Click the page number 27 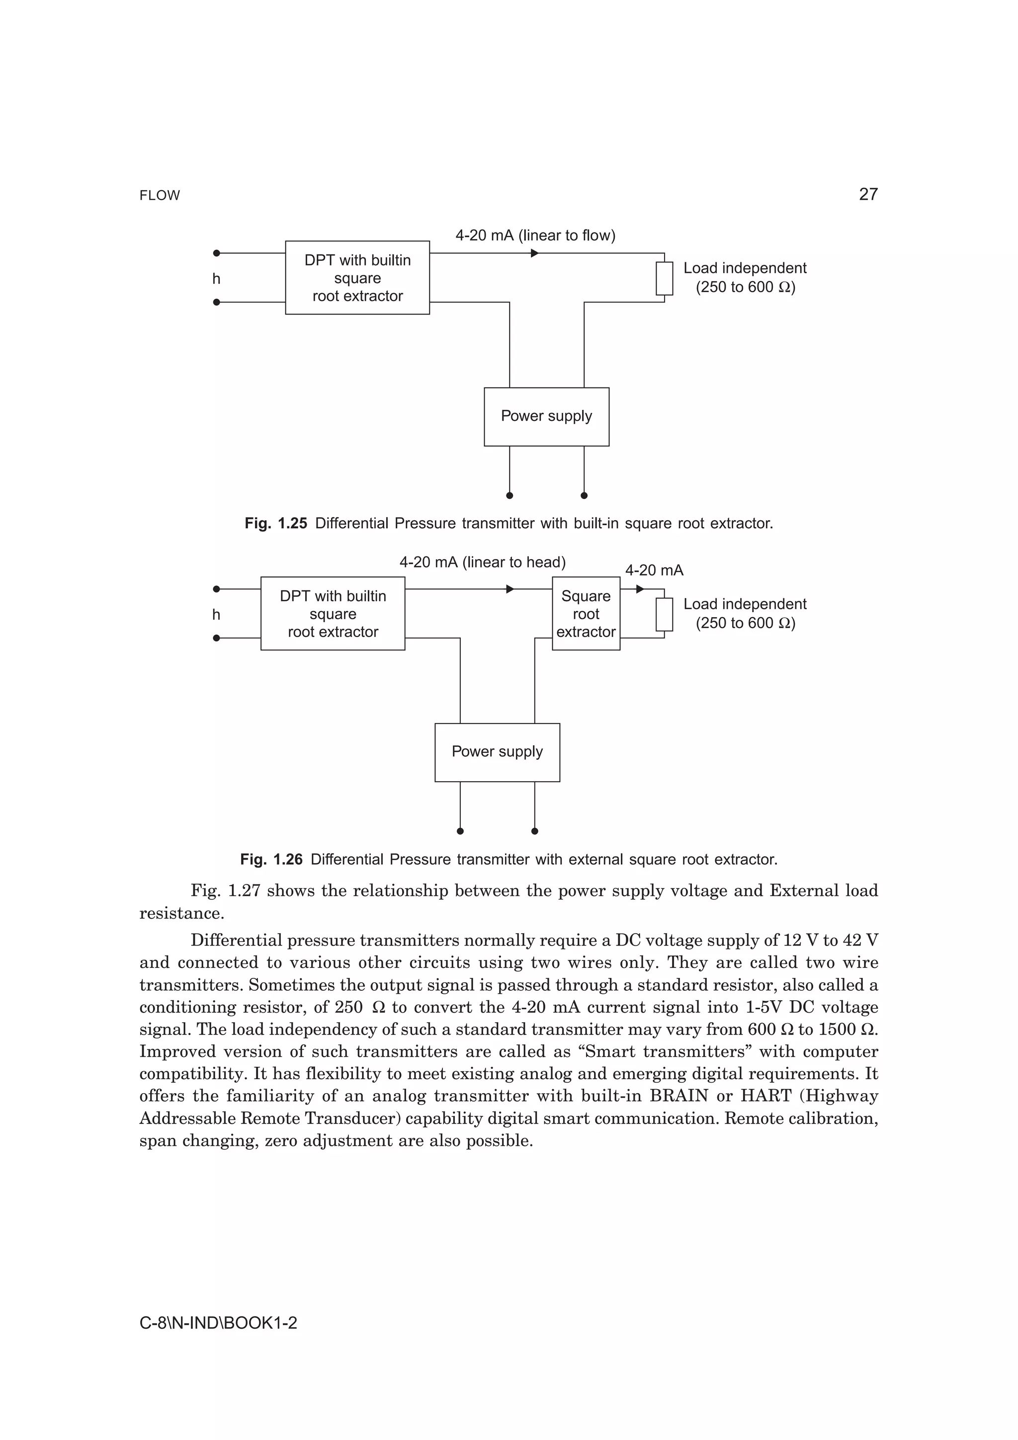(867, 194)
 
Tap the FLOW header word (160, 196)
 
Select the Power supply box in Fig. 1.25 (546, 416)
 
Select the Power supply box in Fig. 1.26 (497, 752)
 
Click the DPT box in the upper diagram (357, 277)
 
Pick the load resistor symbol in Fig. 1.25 (664, 278)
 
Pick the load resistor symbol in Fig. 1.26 (664, 614)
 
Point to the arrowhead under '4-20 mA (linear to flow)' (534, 253)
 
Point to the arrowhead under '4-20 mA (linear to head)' (510, 589)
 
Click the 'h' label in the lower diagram (216, 615)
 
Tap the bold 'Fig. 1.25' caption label (275, 523)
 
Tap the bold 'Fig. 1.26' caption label (271, 859)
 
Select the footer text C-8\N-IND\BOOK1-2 (218, 1323)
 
